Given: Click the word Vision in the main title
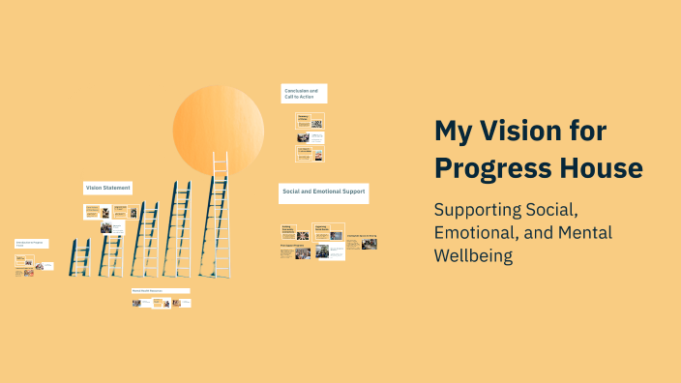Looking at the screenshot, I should click(x=522, y=131).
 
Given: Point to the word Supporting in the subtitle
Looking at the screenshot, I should click(x=480, y=210).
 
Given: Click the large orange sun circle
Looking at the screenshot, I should click(x=218, y=131).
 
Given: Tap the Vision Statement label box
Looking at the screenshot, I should click(x=107, y=188).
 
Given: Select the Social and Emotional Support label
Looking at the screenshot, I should click(x=323, y=191).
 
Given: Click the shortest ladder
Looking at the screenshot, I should click(x=80, y=258).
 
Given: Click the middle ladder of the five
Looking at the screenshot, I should click(x=145, y=239).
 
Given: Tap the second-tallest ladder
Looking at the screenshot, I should click(x=178, y=228).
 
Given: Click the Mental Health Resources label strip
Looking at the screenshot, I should click(x=161, y=290).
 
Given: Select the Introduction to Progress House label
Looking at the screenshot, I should click(x=31, y=244).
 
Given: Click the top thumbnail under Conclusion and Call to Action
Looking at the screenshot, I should click(x=310, y=121).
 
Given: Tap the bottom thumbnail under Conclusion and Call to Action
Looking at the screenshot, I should click(x=310, y=154).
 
